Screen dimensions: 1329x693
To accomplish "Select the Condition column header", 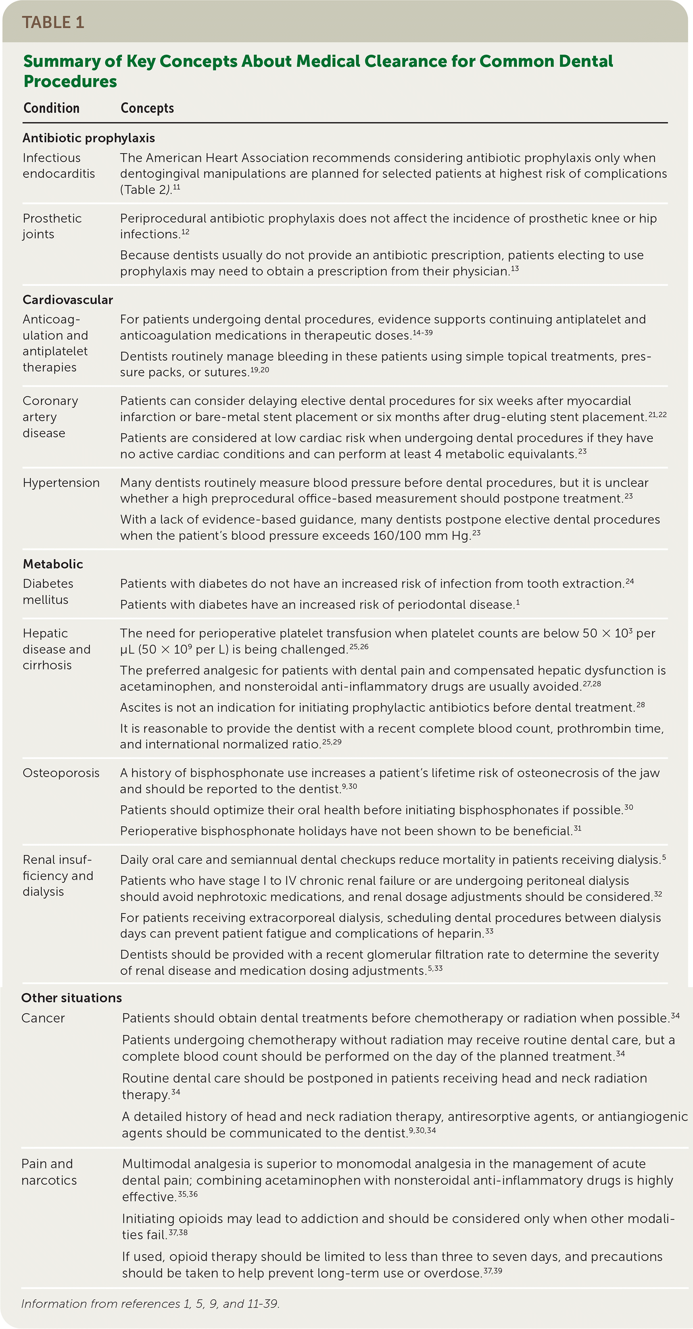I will [x=52, y=108].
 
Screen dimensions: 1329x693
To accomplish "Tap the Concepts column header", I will [x=147, y=108].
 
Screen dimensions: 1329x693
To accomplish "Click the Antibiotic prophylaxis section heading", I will [x=89, y=138].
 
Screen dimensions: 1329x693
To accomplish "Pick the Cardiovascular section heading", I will [x=67, y=300].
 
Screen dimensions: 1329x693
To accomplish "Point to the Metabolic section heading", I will [x=52, y=564].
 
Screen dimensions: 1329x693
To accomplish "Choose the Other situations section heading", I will [x=72, y=998].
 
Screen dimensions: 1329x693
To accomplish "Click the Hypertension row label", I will [x=61, y=483].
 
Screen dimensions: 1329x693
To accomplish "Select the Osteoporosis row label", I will [x=61, y=773].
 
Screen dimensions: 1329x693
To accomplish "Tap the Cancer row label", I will [x=43, y=1018].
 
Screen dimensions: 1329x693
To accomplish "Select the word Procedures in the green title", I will [x=70, y=82].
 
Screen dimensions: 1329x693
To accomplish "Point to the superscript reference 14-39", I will [x=423, y=333].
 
